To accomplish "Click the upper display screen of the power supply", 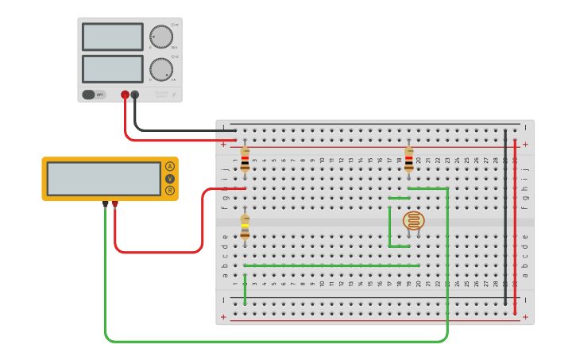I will [112, 37].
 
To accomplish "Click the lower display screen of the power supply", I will [112, 68].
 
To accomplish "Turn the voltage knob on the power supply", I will [161, 37].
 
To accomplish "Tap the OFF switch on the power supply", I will [94, 95].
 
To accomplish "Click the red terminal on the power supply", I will [125, 95].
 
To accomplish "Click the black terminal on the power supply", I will [135, 95].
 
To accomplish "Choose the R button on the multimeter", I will [170, 191].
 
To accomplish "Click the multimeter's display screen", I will [103, 179].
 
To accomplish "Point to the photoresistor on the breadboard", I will [413, 221].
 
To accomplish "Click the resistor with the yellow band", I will [245, 226].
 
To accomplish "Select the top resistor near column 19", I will [409, 159].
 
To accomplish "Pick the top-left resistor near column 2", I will [245, 159].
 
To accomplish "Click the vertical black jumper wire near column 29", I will [504, 215].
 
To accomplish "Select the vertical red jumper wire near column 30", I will [515, 226].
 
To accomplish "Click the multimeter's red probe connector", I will [115, 204].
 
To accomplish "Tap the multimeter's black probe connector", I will [105, 204].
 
